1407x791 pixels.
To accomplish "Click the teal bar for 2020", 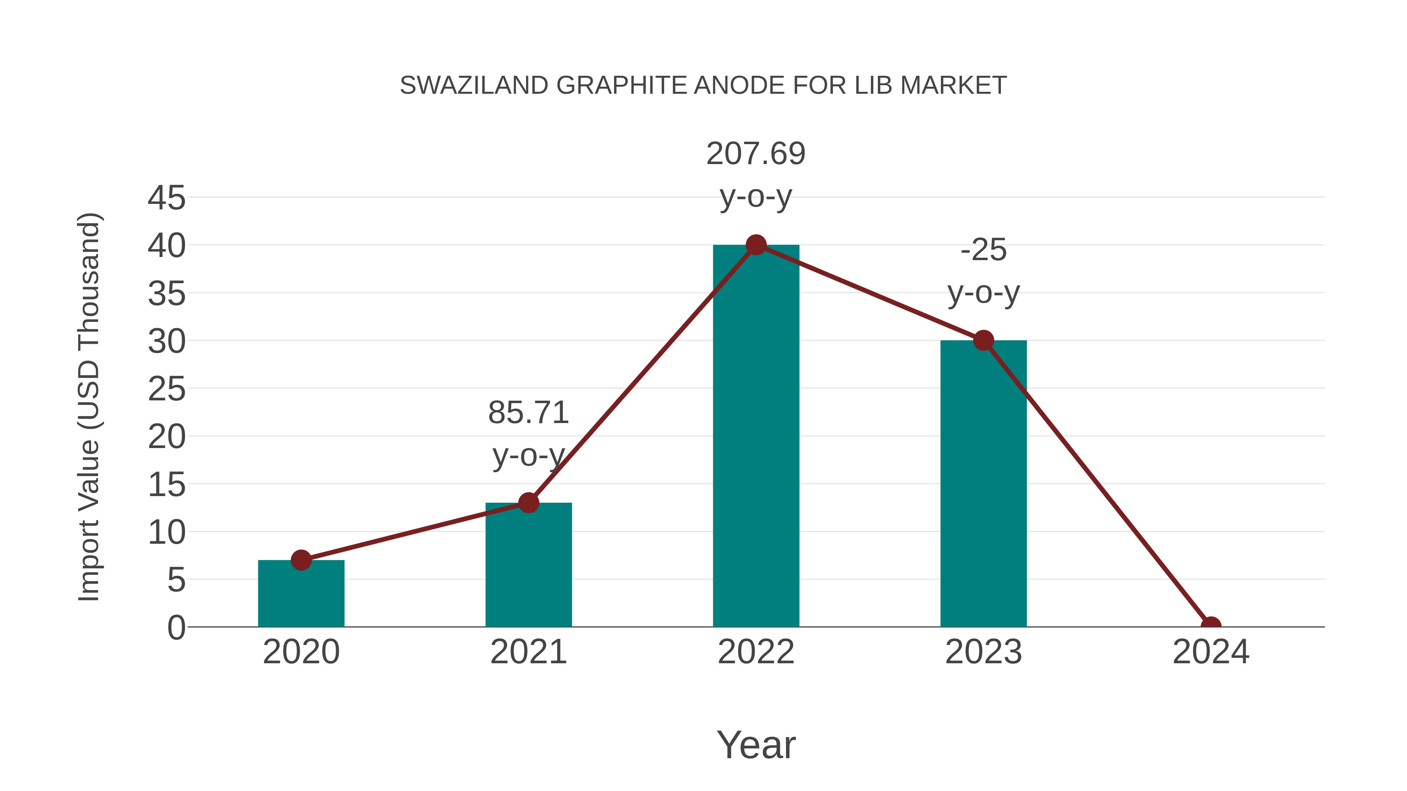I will pyautogui.click(x=301, y=595).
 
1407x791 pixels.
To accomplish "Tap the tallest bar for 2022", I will pyautogui.click(x=755, y=437).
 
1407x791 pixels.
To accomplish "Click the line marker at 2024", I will pyautogui.click(x=1210, y=626).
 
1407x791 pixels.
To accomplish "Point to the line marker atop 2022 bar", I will pyautogui.click(x=755, y=245).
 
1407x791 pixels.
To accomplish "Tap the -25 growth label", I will pyautogui.click(x=983, y=250).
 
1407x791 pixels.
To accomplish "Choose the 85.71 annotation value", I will pyautogui.click(x=528, y=413).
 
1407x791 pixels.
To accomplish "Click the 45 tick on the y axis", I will pyautogui.click(x=166, y=198).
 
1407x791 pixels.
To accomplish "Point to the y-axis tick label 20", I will pyautogui.click(x=166, y=437).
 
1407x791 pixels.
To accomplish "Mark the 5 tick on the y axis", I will pyautogui.click(x=176, y=580).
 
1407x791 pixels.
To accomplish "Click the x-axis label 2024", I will pyautogui.click(x=1210, y=652).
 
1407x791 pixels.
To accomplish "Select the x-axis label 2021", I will pyautogui.click(x=528, y=652).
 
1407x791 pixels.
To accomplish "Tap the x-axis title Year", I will pyautogui.click(x=755, y=745).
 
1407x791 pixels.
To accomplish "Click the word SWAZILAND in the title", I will pyautogui.click(x=474, y=86).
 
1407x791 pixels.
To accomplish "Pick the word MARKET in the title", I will pyautogui.click(x=953, y=86).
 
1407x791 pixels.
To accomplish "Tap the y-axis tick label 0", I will pyautogui.click(x=176, y=628).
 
